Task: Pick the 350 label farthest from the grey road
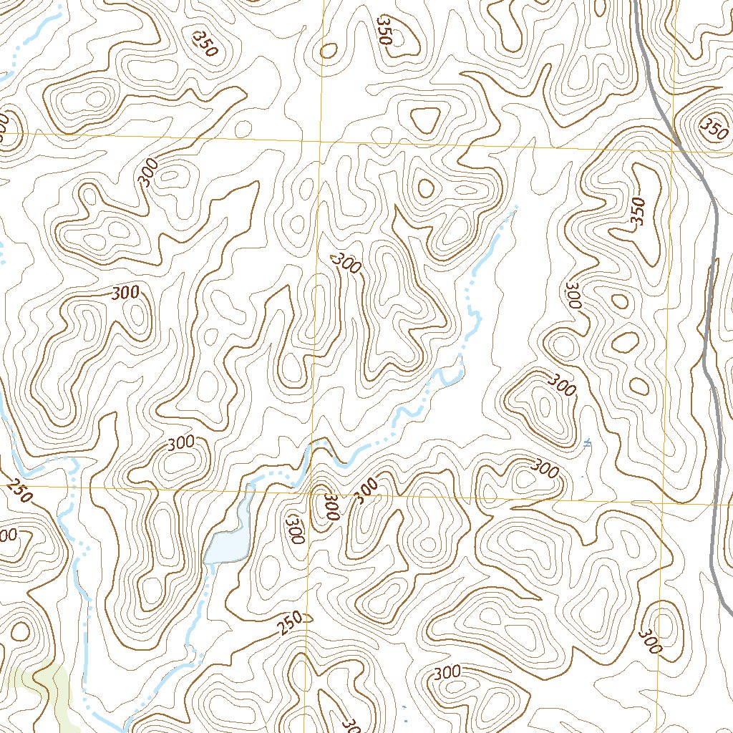203,43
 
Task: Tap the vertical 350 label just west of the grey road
639,212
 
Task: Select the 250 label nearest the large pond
290,625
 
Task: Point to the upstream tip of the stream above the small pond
514,208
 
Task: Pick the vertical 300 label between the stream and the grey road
573,295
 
